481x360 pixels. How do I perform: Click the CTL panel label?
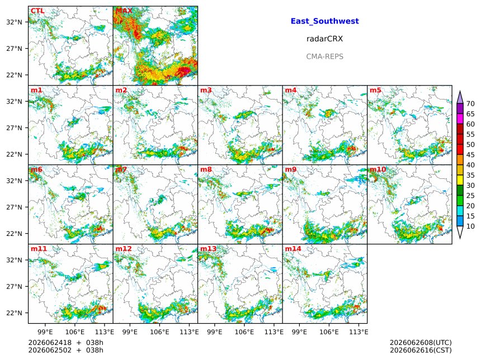37,11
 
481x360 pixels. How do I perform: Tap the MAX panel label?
124,11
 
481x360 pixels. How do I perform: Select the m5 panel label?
375,90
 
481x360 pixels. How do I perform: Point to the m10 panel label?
378,169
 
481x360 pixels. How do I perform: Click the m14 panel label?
293,249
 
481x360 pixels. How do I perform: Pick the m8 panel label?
206,169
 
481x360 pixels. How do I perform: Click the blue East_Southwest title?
324,21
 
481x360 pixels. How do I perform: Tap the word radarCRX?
324,39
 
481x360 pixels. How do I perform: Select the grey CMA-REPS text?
324,56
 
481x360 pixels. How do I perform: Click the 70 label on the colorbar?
470,103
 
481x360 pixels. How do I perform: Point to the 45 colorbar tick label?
470,155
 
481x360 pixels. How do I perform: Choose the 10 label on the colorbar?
470,226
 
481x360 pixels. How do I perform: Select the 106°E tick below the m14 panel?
329,332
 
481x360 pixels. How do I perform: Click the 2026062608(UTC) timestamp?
421,343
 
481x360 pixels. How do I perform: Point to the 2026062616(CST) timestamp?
421,350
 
